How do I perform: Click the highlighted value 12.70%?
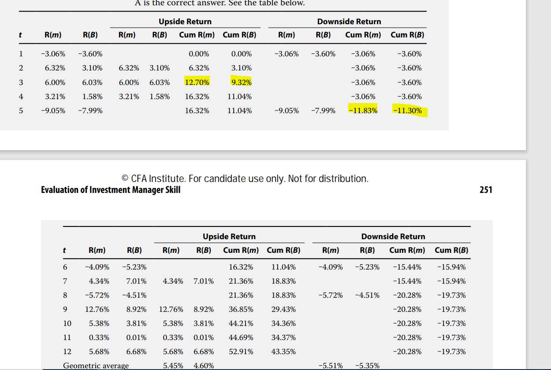point(197,82)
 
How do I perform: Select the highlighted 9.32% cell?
point(241,82)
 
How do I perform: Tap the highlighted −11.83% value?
point(364,111)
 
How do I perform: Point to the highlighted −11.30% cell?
point(408,111)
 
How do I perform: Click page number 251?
point(486,190)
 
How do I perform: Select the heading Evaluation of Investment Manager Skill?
point(111,190)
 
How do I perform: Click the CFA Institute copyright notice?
point(245,178)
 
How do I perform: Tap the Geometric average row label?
point(96,366)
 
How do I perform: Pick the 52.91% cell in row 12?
point(241,351)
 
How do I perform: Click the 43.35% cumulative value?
point(283,351)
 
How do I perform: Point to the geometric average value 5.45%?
point(173,366)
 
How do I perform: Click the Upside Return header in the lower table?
point(229,237)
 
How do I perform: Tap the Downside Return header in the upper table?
point(349,22)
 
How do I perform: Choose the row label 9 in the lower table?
point(65,309)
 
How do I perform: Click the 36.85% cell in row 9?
point(241,309)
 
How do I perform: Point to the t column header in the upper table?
point(21,35)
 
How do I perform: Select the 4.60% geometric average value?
point(204,366)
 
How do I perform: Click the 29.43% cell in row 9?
point(283,309)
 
